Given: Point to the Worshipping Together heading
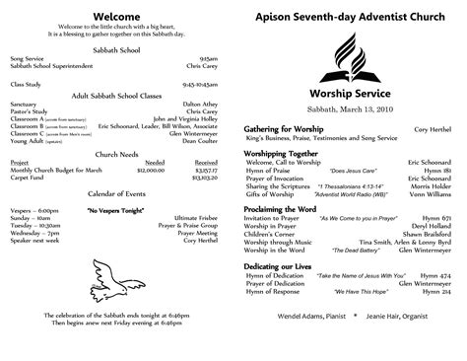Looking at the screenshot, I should point(283,154).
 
